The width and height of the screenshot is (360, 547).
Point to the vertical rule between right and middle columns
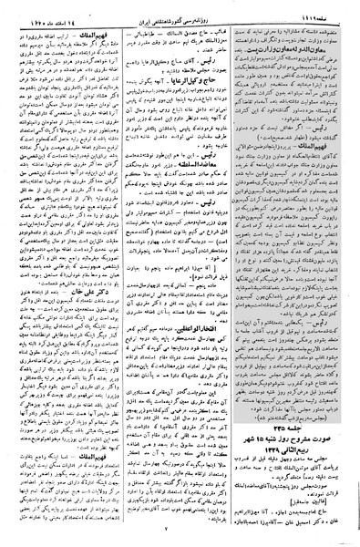(241, 273)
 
